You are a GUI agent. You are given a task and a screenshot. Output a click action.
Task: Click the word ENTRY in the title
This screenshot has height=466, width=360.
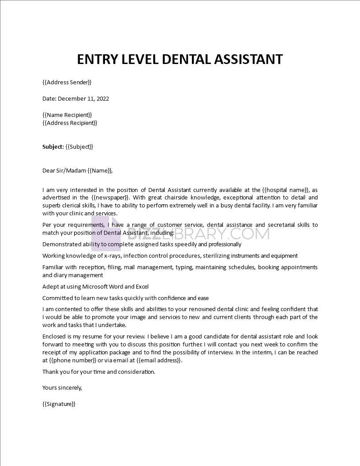tap(97, 59)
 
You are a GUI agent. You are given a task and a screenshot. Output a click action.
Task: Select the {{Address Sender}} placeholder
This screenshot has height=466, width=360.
tap(67, 82)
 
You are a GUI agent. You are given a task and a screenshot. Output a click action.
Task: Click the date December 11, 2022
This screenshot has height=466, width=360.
tap(83, 98)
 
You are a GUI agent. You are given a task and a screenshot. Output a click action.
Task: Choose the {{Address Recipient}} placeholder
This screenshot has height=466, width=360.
tap(70, 123)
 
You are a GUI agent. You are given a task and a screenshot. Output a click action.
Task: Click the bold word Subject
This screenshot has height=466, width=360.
tap(53, 147)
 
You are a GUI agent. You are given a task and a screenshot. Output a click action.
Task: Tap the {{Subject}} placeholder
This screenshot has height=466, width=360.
tap(79, 147)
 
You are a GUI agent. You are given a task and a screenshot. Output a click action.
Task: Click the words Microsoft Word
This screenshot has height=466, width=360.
tap(113, 286)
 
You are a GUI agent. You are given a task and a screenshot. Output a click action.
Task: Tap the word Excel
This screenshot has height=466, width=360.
tap(141, 286)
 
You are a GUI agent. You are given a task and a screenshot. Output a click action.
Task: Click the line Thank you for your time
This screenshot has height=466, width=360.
tap(99, 372)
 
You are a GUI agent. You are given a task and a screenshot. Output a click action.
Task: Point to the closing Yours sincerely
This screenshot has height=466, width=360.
tap(62, 388)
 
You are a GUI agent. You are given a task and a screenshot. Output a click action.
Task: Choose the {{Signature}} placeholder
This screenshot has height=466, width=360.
tap(59, 404)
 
